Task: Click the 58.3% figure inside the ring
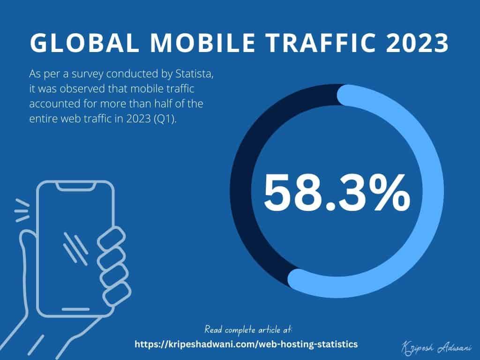(x=337, y=192)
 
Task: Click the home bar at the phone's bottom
(x=75, y=309)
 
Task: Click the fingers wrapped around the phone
(x=111, y=262)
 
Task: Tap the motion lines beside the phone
(x=21, y=211)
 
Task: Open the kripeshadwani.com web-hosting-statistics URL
(x=246, y=344)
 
